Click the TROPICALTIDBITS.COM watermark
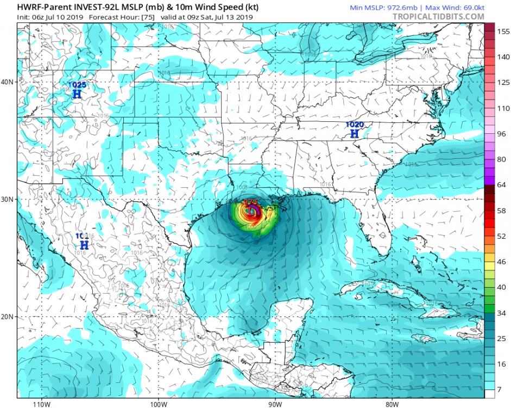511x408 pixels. (x=438, y=17)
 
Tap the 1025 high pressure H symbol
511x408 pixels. (x=77, y=94)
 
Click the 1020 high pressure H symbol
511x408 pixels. (x=354, y=133)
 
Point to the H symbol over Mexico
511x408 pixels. (x=84, y=245)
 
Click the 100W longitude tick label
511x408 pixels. (x=158, y=404)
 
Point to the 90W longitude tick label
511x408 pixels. (x=275, y=404)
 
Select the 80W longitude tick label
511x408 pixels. (x=392, y=404)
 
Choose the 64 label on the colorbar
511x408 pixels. (x=502, y=186)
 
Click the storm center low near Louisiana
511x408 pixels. (x=251, y=210)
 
